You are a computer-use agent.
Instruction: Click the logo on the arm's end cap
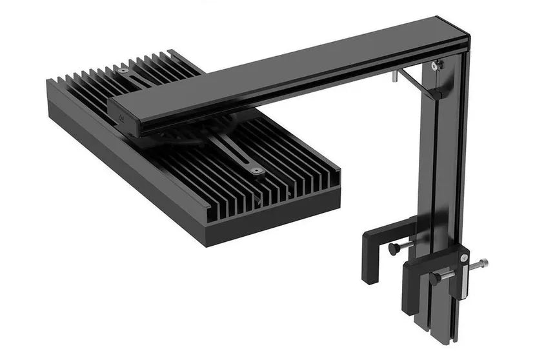point(123,119)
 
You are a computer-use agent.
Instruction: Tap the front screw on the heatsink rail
point(257,171)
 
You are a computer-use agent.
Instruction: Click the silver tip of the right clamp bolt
point(483,263)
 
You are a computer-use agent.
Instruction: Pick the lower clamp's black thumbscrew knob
point(436,278)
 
